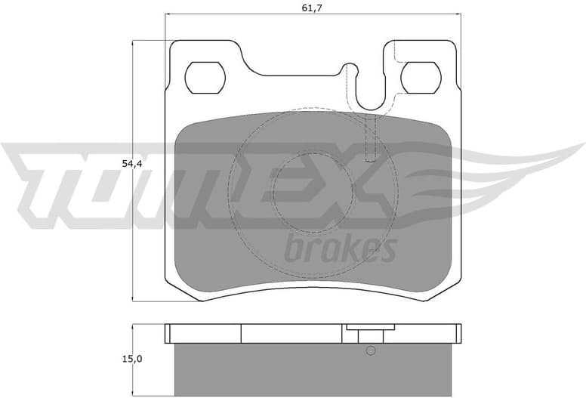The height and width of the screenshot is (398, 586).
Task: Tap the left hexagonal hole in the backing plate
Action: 205,77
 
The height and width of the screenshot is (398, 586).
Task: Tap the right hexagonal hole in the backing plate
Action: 421,77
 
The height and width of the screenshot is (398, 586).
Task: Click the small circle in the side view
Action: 370,350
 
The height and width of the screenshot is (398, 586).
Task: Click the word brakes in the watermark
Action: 341,248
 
